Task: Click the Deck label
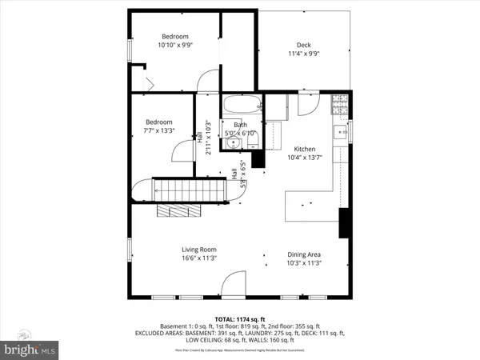303,45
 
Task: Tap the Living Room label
198,250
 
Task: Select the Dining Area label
304,254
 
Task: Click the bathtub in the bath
242,105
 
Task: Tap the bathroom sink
233,143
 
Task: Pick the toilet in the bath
253,140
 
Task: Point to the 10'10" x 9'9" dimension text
175,46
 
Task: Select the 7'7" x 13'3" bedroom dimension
158,130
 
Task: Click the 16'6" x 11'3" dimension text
198,258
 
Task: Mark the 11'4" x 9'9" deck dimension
303,54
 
